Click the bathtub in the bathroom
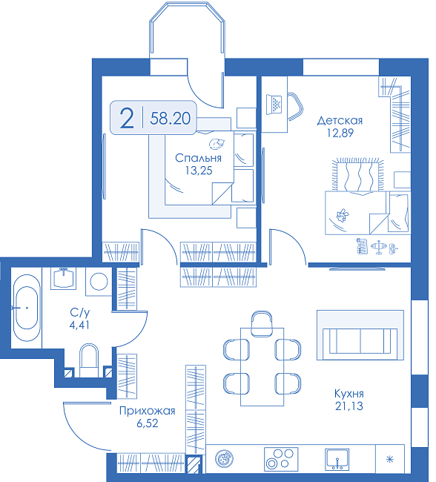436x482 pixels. pyautogui.click(x=27, y=308)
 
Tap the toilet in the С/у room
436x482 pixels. pyautogui.click(x=89, y=360)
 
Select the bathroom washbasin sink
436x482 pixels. pyautogui.click(x=64, y=278)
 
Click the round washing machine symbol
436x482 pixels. pyautogui.click(x=99, y=281)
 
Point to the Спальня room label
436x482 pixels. pyautogui.click(x=198, y=158)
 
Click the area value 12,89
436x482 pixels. pyautogui.click(x=340, y=133)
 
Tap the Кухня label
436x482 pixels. pyautogui.click(x=349, y=394)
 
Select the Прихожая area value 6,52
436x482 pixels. pyautogui.click(x=148, y=423)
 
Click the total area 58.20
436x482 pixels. pyautogui.click(x=171, y=119)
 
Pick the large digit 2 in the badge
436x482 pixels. pyautogui.click(x=127, y=119)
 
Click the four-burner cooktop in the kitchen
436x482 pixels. pyautogui.click(x=281, y=459)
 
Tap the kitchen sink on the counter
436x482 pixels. pyautogui.click(x=337, y=459)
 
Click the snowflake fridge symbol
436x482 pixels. pyautogui.click(x=390, y=460)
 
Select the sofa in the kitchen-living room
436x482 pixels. pyautogui.click(x=360, y=341)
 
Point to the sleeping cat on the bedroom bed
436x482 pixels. pyautogui.click(x=217, y=144)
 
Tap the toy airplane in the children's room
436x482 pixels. pyautogui.click(x=379, y=246)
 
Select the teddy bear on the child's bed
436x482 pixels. pyautogui.click(x=343, y=215)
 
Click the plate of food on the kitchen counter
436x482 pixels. pyautogui.click(x=224, y=459)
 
